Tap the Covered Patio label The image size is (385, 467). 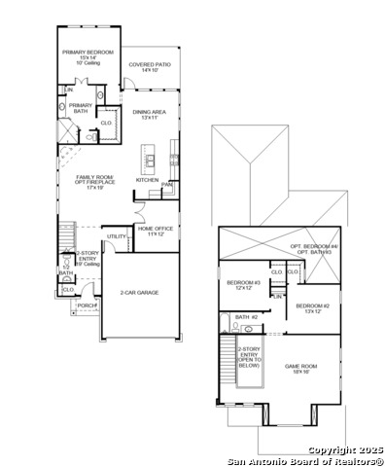click(150, 66)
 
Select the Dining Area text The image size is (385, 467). click(151, 114)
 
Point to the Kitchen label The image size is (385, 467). click(147, 180)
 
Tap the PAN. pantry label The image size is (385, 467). click(167, 184)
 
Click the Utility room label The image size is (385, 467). click(116, 235)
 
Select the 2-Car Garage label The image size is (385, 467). click(139, 292)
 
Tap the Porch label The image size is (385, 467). click(87, 305)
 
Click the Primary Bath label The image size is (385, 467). click(81, 107)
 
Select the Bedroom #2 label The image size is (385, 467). click(320, 305)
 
